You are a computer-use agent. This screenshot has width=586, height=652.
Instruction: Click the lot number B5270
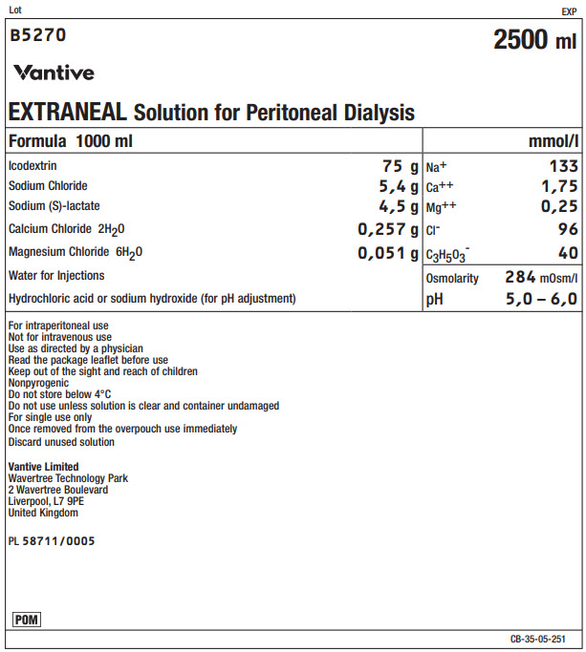pyautogui.click(x=38, y=36)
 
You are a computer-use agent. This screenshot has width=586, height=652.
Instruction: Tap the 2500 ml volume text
pyautogui.click(x=534, y=40)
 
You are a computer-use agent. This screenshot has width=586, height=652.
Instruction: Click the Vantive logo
pyautogui.click(x=54, y=73)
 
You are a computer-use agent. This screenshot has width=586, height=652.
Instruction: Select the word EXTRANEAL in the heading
pyautogui.click(x=68, y=112)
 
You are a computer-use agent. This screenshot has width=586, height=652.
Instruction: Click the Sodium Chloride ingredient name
pyautogui.click(x=48, y=185)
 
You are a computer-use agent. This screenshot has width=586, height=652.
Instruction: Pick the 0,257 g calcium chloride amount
pyautogui.click(x=388, y=229)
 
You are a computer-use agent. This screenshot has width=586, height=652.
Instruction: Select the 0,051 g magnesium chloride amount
pyautogui.click(x=388, y=253)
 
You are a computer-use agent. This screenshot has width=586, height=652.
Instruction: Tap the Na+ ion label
pyautogui.click(x=436, y=165)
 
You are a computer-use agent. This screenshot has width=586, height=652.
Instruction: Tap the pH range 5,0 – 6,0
pyautogui.click(x=542, y=299)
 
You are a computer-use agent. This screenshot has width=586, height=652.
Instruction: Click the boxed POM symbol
pyautogui.click(x=26, y=620)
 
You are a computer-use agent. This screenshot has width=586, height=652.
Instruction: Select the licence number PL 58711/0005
pyautogui.click(x=52, y=540)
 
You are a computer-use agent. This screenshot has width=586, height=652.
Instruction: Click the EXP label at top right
pyautogui.click(x=569, y=11)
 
